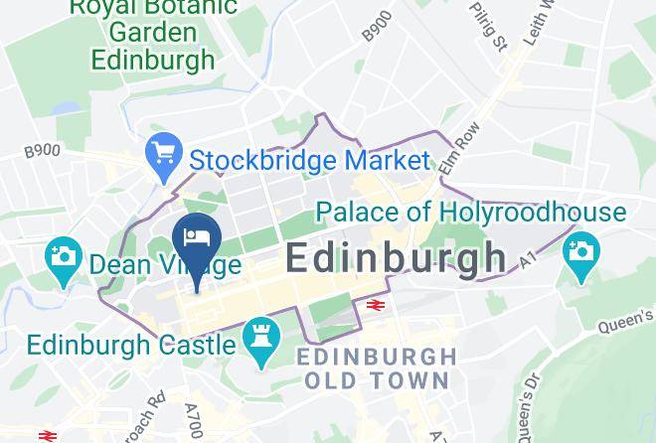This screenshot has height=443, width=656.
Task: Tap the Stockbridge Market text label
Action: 309,160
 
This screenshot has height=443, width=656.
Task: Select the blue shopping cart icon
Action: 161,155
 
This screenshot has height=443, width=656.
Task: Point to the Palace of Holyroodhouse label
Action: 470,212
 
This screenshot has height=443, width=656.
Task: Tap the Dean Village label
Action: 164,264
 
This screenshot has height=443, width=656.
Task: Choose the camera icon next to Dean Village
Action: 64,258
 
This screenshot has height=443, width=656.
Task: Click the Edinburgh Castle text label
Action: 132,345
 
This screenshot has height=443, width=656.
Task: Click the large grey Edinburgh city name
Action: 396,258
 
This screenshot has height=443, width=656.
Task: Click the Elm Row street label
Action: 460,159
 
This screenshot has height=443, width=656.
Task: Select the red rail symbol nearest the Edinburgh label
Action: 376,306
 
